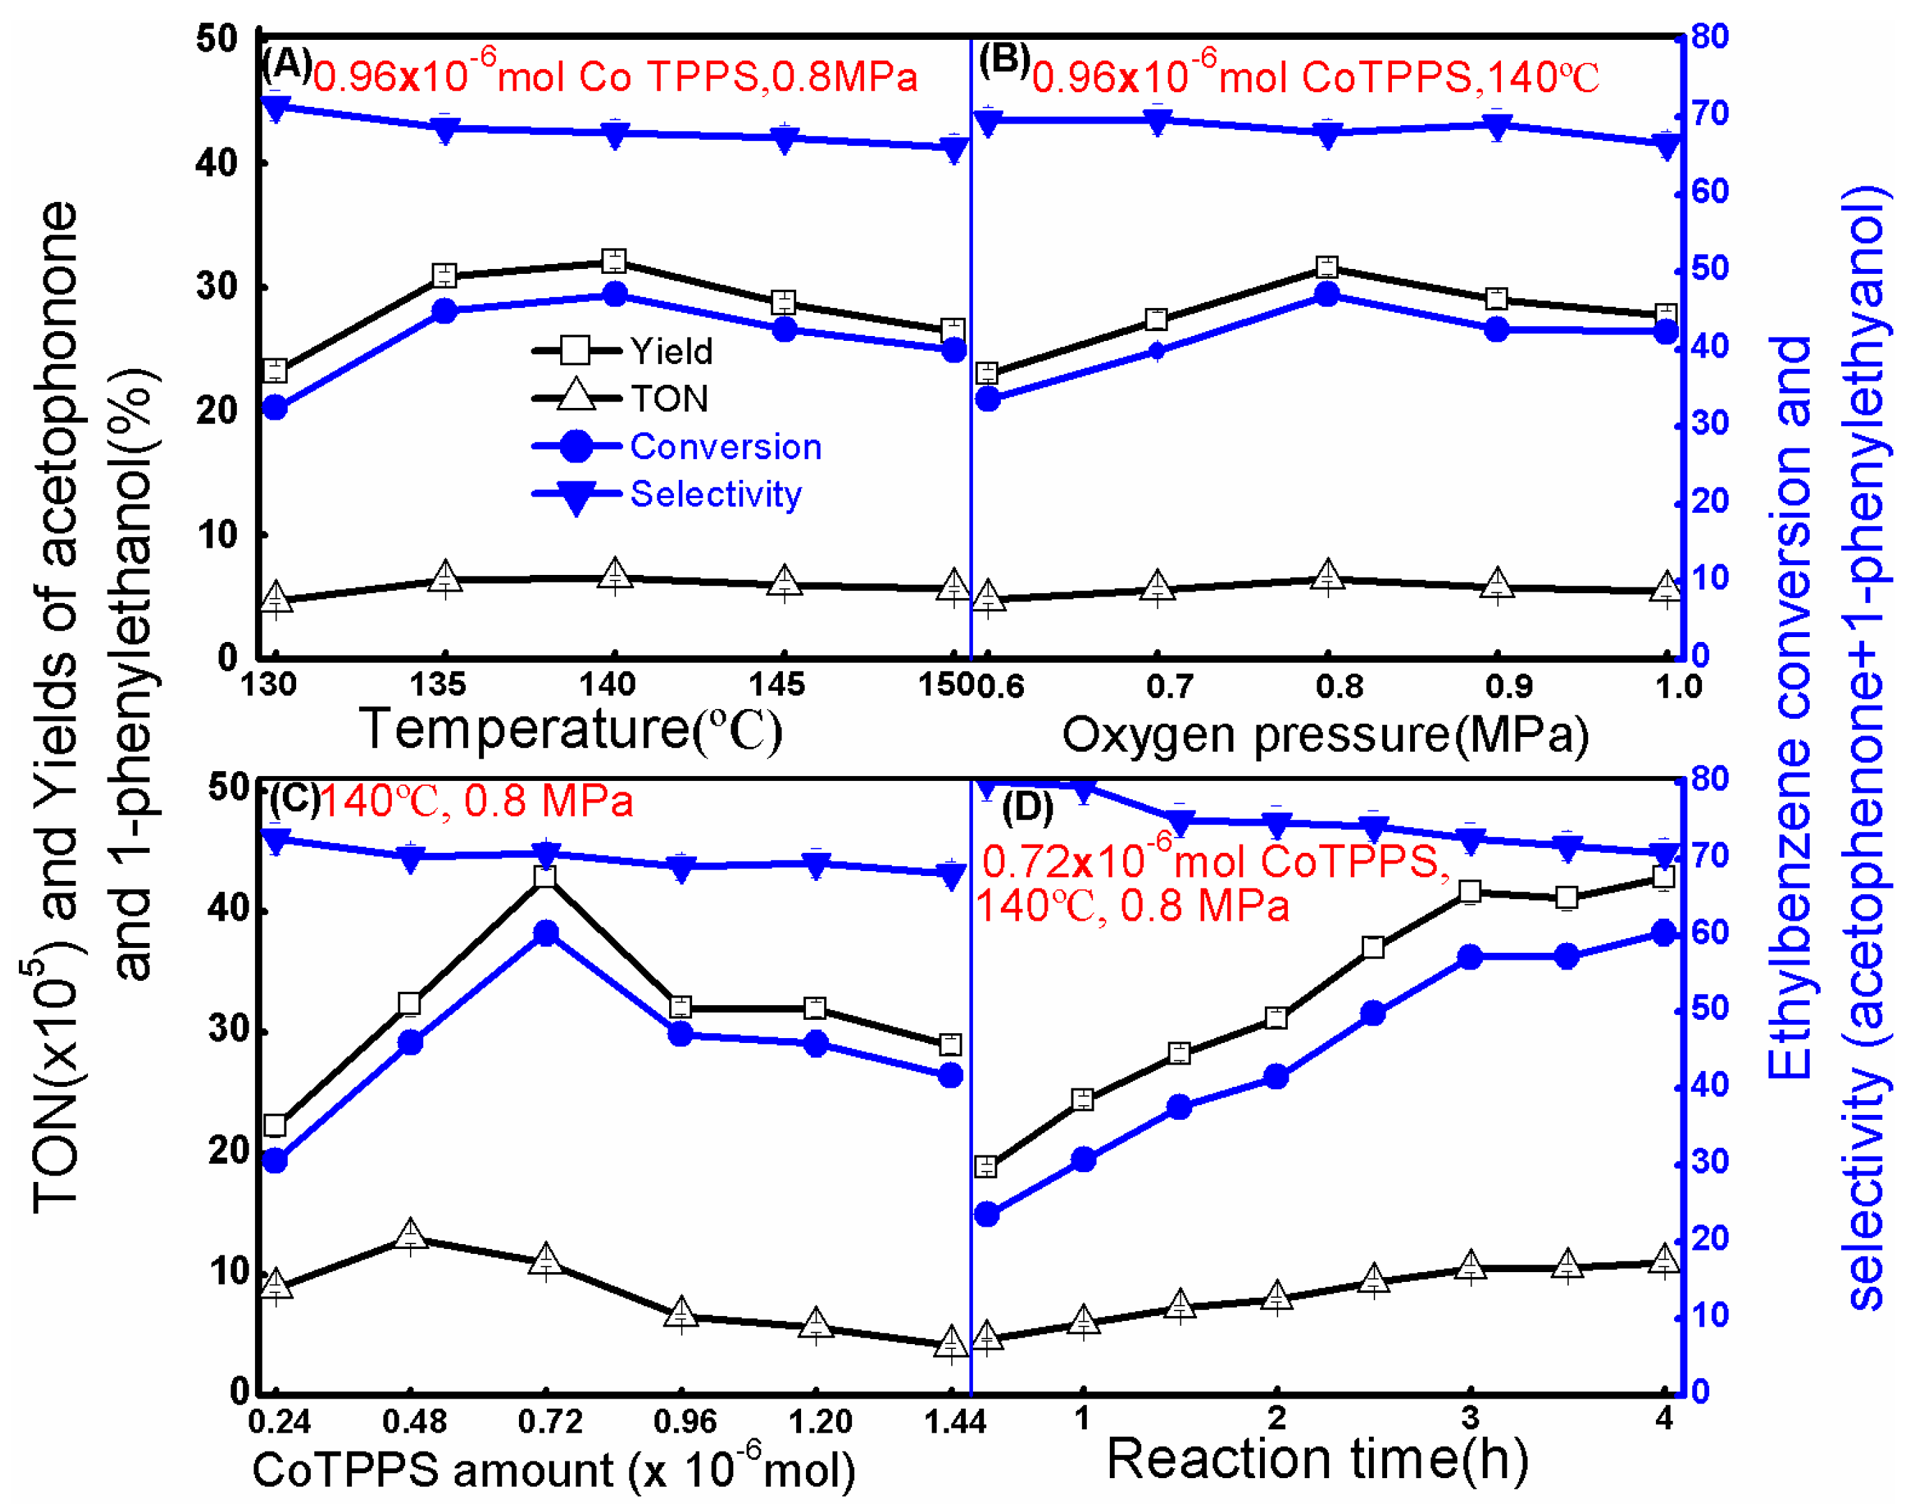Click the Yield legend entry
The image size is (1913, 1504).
(670, 351)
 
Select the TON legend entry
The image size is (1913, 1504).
(668, 399)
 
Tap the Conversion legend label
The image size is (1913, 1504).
(726, 446)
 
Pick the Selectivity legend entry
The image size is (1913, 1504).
(715, 494)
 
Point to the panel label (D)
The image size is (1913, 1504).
(1027, 808)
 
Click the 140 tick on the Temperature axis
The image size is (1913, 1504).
(608, 684)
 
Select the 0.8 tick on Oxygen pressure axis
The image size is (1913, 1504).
(1338, 686)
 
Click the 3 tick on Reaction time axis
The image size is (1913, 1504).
(1469, 1417)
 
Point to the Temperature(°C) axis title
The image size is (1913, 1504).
(571, 729)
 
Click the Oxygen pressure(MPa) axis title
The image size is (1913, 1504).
(1325, 733)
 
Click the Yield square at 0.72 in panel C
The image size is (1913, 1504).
(545, 876)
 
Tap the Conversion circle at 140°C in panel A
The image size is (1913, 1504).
(615, 294)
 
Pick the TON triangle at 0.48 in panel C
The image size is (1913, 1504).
(410, 1234)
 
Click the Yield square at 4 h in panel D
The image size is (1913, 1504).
(1663, 877)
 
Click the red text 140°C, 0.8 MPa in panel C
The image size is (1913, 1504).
(476, 801)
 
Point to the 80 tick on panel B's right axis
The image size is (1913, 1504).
(1710, 37)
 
